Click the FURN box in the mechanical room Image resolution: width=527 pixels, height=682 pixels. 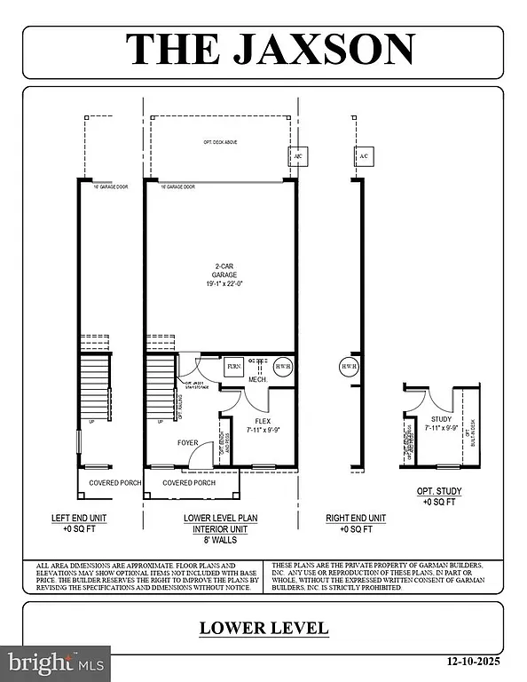(x=233, y=366)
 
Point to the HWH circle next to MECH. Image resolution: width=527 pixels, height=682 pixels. (x=282, y=366)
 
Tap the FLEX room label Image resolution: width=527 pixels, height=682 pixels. (x=263, y=422)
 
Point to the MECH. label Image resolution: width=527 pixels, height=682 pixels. (x=258, y=379)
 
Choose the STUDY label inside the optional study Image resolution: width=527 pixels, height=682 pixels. (x=441, y=419)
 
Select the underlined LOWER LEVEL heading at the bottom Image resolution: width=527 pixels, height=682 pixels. (x=263, y=628)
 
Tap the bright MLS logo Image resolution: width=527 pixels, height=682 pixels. (x=55, y=662)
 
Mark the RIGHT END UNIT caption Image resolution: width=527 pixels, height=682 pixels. (x=355, y=518)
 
